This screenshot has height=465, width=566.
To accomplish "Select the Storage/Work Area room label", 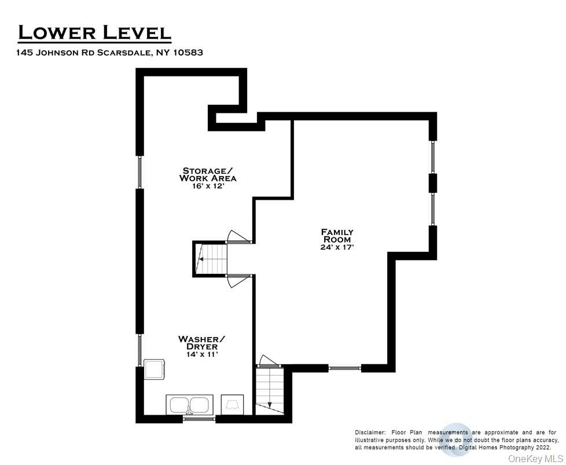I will tap(208, 174).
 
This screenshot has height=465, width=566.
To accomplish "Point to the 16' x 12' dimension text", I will tap(208, 186).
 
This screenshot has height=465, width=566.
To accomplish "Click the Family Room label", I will tap(337, 236).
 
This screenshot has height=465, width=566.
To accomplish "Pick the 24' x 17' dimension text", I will tap(337, 247).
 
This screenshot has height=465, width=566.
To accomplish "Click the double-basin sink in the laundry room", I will tap(189, 404).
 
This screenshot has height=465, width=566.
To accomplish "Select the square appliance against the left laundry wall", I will tap(155, 369).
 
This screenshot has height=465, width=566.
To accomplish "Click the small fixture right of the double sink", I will tap(233, 404).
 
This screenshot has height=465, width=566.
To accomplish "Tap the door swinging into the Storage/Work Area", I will tap(238, 236).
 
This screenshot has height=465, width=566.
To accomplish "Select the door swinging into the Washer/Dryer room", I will tap(238, 281).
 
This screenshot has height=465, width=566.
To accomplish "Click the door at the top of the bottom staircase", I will tap(267, 361).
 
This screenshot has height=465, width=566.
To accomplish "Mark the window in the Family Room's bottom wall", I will tap(345, 367).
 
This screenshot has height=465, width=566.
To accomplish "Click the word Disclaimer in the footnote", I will tap(370, 433).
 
